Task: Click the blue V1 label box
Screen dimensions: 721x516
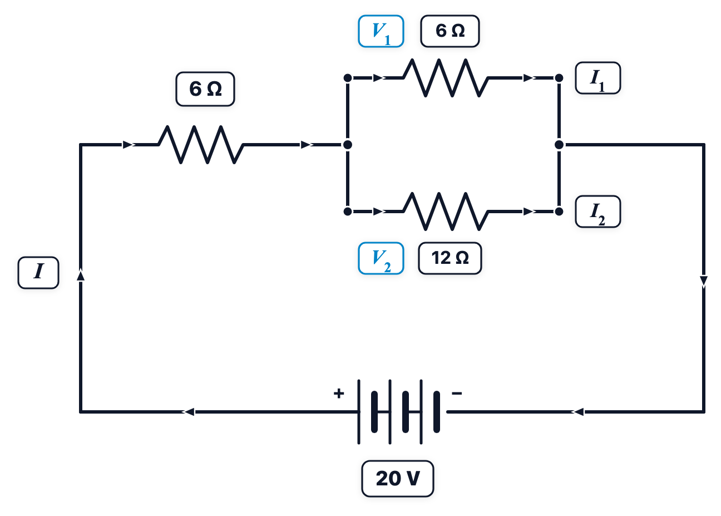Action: [x=381, y=31]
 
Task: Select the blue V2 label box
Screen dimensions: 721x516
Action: [x=381, y=258]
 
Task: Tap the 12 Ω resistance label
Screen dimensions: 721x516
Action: [x=450, y=258]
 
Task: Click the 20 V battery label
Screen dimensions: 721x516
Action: [x=398, y=479]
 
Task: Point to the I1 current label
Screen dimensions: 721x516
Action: [x=597, y=78]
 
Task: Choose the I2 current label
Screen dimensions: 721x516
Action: [x=597, y=212]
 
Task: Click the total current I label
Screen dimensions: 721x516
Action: [x=38, y=273]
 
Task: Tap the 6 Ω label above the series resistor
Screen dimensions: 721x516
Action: [x=205, y=89]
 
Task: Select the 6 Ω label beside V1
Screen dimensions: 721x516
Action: [x=450, y=31]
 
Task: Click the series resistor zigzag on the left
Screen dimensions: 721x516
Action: [x=200, y=145]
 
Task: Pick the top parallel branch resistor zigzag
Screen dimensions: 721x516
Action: [x=446, y=78]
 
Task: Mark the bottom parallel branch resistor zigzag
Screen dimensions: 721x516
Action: [x=446, y=212]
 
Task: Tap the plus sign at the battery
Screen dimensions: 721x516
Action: [x=339, y=394]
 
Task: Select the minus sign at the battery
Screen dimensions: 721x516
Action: [x=457, y=394]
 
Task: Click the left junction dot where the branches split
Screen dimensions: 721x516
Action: [x=348, y=145]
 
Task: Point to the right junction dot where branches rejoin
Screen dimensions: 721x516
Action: [x=559, y=145]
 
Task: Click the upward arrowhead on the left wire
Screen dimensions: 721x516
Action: [x=81, y=276]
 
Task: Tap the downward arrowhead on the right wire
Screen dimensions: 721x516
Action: [x=704, y=282]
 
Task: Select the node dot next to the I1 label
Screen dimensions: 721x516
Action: [x=559, y=78]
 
